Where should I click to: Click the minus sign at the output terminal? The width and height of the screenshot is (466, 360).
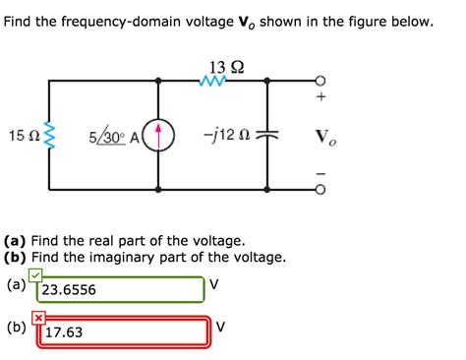tap(320, 173)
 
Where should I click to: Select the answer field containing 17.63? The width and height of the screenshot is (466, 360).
tap(122, 332)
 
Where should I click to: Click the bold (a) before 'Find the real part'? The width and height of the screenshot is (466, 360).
tap(15, 240)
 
